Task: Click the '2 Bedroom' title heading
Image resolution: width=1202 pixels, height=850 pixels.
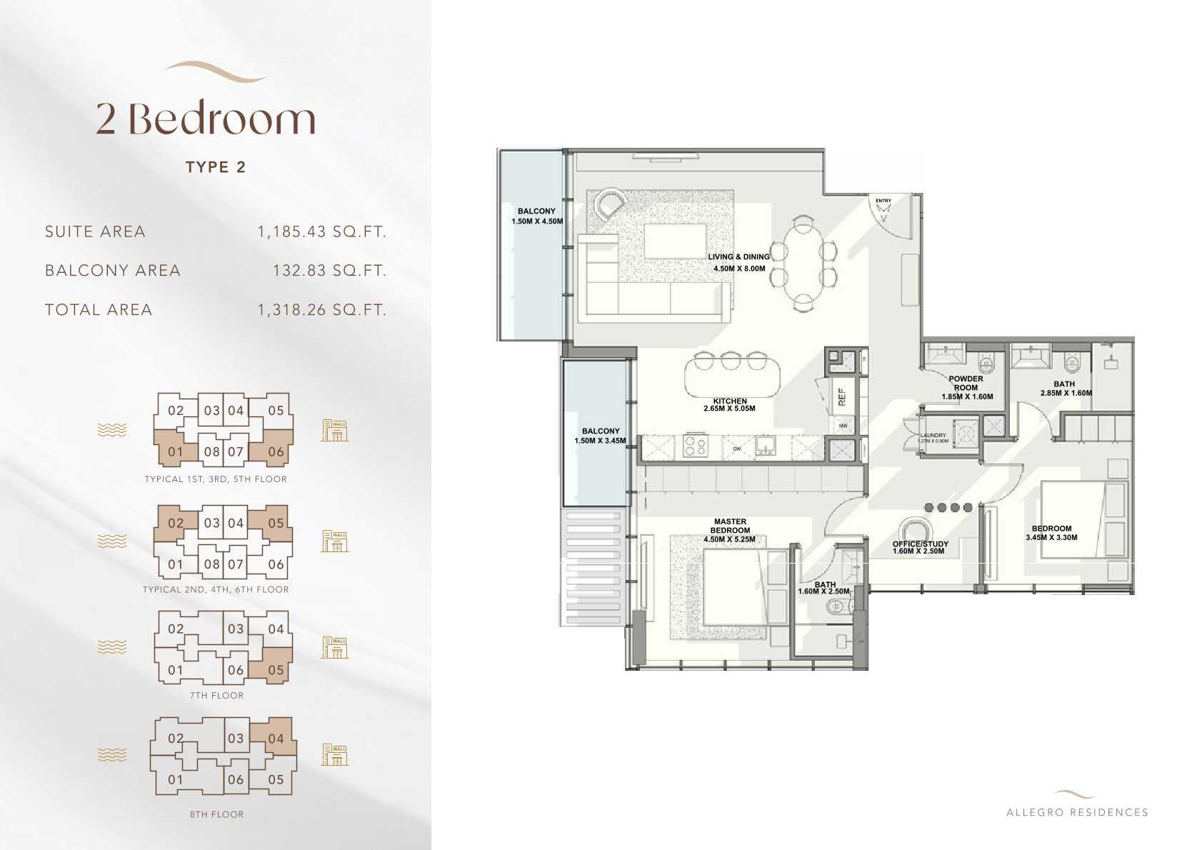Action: click(206, 119)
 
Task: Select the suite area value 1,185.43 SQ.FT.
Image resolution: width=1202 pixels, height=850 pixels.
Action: click(321, 231)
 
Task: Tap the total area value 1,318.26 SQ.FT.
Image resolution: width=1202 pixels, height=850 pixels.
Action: click(321, 310)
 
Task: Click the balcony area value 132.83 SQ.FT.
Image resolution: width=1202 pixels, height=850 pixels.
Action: click(329, 271)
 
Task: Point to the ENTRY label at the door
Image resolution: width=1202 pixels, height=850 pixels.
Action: click(883, 201)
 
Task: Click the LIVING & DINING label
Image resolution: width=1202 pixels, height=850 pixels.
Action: click(738, 256)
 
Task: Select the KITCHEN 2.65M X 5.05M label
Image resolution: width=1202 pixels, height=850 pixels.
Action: click(729, 405)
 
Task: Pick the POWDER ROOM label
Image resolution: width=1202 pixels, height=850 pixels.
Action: click(966, 384)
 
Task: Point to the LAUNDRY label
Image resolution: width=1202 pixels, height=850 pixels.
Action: click(933, 435)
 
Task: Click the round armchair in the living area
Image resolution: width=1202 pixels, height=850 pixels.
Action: click(610, 203)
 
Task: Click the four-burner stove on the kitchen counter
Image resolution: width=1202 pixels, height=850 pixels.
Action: click(695, 447)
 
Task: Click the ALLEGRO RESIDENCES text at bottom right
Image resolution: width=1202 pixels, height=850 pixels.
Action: click(1076, 812)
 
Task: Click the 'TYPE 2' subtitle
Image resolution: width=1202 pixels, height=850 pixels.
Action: click(216, 167)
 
